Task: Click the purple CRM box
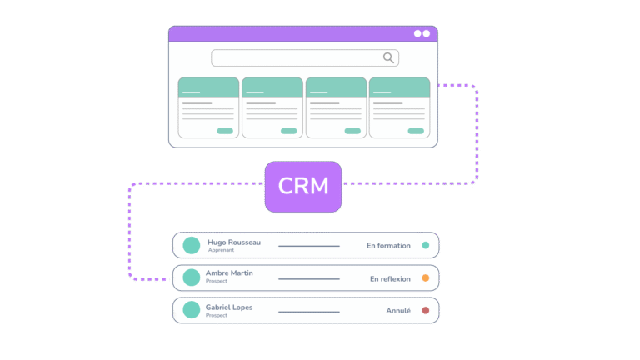(x=303, y=186)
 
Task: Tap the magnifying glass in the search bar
(x=388, y=57)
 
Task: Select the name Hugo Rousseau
(x=234, y=242)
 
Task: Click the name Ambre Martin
(x=229, y=273)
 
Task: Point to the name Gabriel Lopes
(x=229, y=307)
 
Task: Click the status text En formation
(x=388, y=246)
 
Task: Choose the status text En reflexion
(x=390, y=279)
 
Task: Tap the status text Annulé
(x=398, y=311)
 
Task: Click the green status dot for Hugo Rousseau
(x=426, y=246)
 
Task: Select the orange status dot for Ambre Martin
(x=426, y=278)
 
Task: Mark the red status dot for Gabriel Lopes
(x=426, y=311)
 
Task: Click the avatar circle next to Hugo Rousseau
(x=192, y=245)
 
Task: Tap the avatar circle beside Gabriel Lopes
(x=192, y=310)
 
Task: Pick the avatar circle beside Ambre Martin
(x=192, y=277)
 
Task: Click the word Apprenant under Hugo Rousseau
(x=221, y=250)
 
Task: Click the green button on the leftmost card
(x=225, y=131)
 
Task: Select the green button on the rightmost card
(x=416, y=131)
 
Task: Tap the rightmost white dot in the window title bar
(x=426, y=33)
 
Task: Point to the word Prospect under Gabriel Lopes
(x=217, y=315)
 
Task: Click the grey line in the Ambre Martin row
(x=309, y=278)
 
